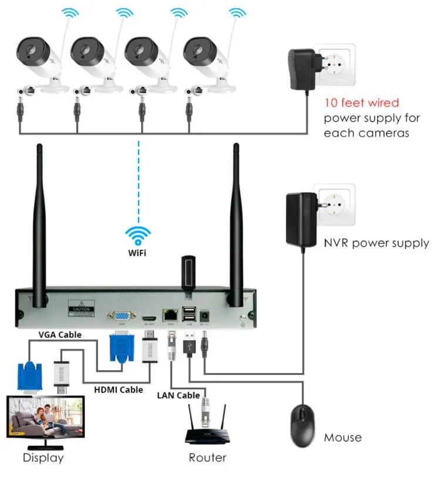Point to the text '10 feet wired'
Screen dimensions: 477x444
pyautogui.click(x=362, y=103)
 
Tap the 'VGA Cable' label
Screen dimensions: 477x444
pyautogui.click(x=60, y=335)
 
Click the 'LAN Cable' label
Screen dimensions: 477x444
pyautogui.click(x=178, y=395)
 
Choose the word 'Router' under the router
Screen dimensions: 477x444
pyautogui.click(x=207, y=458)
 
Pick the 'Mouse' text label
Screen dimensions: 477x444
pyautogui.click(x=343, y=438)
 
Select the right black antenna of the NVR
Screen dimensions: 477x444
pyautogui.click(x=238, y=223)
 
